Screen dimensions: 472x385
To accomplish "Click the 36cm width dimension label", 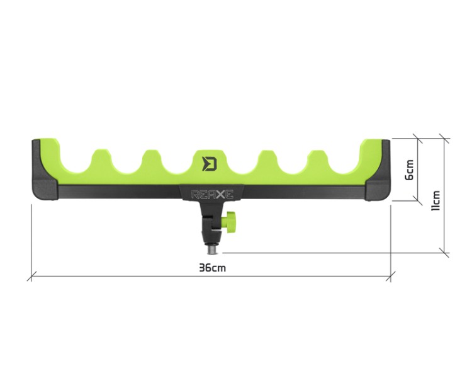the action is tap(212, 268).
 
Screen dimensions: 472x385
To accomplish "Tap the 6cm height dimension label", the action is tap(410, 170).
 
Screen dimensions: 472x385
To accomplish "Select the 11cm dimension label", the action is tap(435, 200).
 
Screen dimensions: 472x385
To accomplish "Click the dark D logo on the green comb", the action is tap(210, 163).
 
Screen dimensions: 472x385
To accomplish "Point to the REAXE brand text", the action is tap(212, 195).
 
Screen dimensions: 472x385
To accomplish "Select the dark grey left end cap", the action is tap(45, 170).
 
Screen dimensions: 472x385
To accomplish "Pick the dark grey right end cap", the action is tap(378, 170).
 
